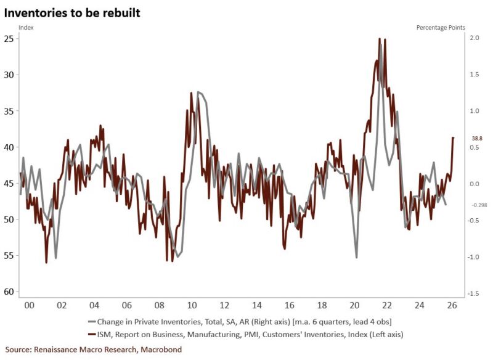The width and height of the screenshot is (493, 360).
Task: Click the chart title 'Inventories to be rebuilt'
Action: [73, 12]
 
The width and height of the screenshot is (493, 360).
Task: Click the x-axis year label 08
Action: [159, 306]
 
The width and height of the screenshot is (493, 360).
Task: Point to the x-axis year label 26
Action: [452, 306]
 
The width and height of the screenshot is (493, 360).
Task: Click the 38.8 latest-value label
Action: [477, 139]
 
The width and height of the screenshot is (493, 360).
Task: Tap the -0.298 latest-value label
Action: [479, 205]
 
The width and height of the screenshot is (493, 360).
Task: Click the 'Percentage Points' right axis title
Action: [441, 28]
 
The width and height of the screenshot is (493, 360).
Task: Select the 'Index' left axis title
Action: [26, 28]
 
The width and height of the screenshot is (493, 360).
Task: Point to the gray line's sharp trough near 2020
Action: [357, 256]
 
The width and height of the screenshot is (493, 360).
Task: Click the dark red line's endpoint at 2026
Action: [454, 137]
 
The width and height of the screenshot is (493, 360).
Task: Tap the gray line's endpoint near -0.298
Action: [446, 205]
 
